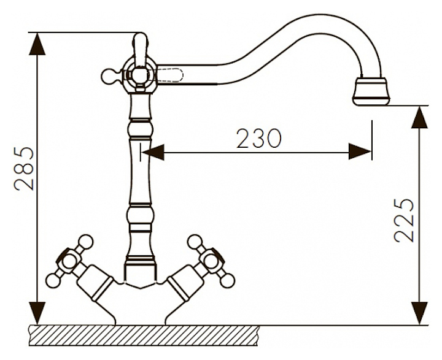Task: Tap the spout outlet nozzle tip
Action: [371, 91]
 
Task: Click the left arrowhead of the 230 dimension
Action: [153, 151]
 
